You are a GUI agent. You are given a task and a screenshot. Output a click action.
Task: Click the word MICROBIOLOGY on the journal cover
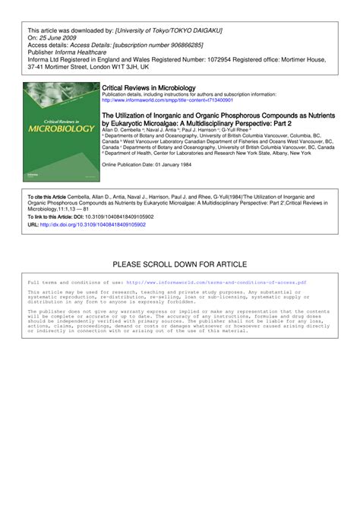(x=61, y=128)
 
